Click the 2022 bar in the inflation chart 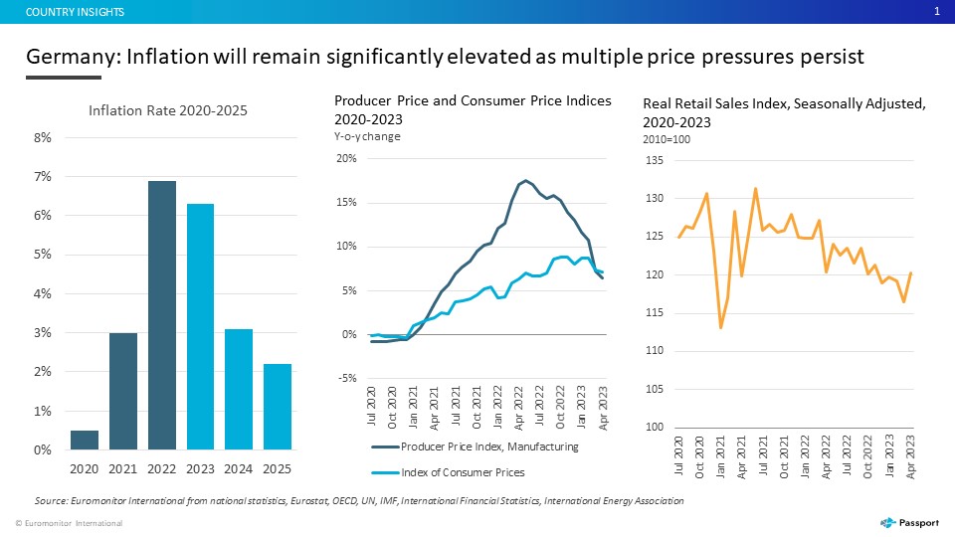coord(162,315)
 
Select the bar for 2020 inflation coord(84,441)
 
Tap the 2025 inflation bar coord(278,407)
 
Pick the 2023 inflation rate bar coord(200,327)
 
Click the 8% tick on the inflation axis coord(43,137)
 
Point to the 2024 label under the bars coord(238,468)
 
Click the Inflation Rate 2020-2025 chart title coord(168,110)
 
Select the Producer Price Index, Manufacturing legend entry coord(476,447)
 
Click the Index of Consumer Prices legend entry coord(448,472)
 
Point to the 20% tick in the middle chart coord(346,158)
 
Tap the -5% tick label coord(347,378)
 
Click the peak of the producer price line coord(525,180)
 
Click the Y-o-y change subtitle coord(367,136)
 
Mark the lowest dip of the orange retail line coord(721,328)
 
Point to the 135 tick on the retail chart coord(655,160)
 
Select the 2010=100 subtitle coord(667,139)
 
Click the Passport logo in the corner coord(909,522)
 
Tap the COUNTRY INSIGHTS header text coord(75,12)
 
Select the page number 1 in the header coord(937,11)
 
